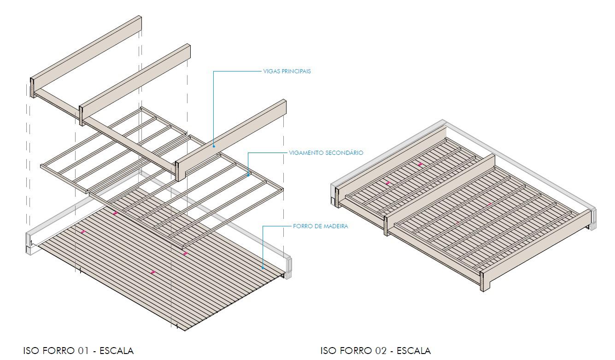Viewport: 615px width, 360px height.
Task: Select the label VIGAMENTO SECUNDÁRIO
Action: click(x=326, y=153)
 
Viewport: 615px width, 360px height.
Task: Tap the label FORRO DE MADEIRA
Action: click(x=320, y=226)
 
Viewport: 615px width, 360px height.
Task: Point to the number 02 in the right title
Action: click(x=380, y=351)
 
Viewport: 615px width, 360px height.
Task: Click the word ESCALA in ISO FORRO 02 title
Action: click(x=414, y=351)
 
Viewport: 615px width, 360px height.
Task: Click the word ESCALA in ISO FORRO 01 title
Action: click(x=117, y=351)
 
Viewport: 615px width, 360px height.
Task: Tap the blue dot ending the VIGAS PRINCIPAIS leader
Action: click(x=214, y=147)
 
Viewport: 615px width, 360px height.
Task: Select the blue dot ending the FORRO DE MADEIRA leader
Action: click(x=263, y=267)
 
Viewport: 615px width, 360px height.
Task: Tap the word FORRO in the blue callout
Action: click(x=302, y=226)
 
